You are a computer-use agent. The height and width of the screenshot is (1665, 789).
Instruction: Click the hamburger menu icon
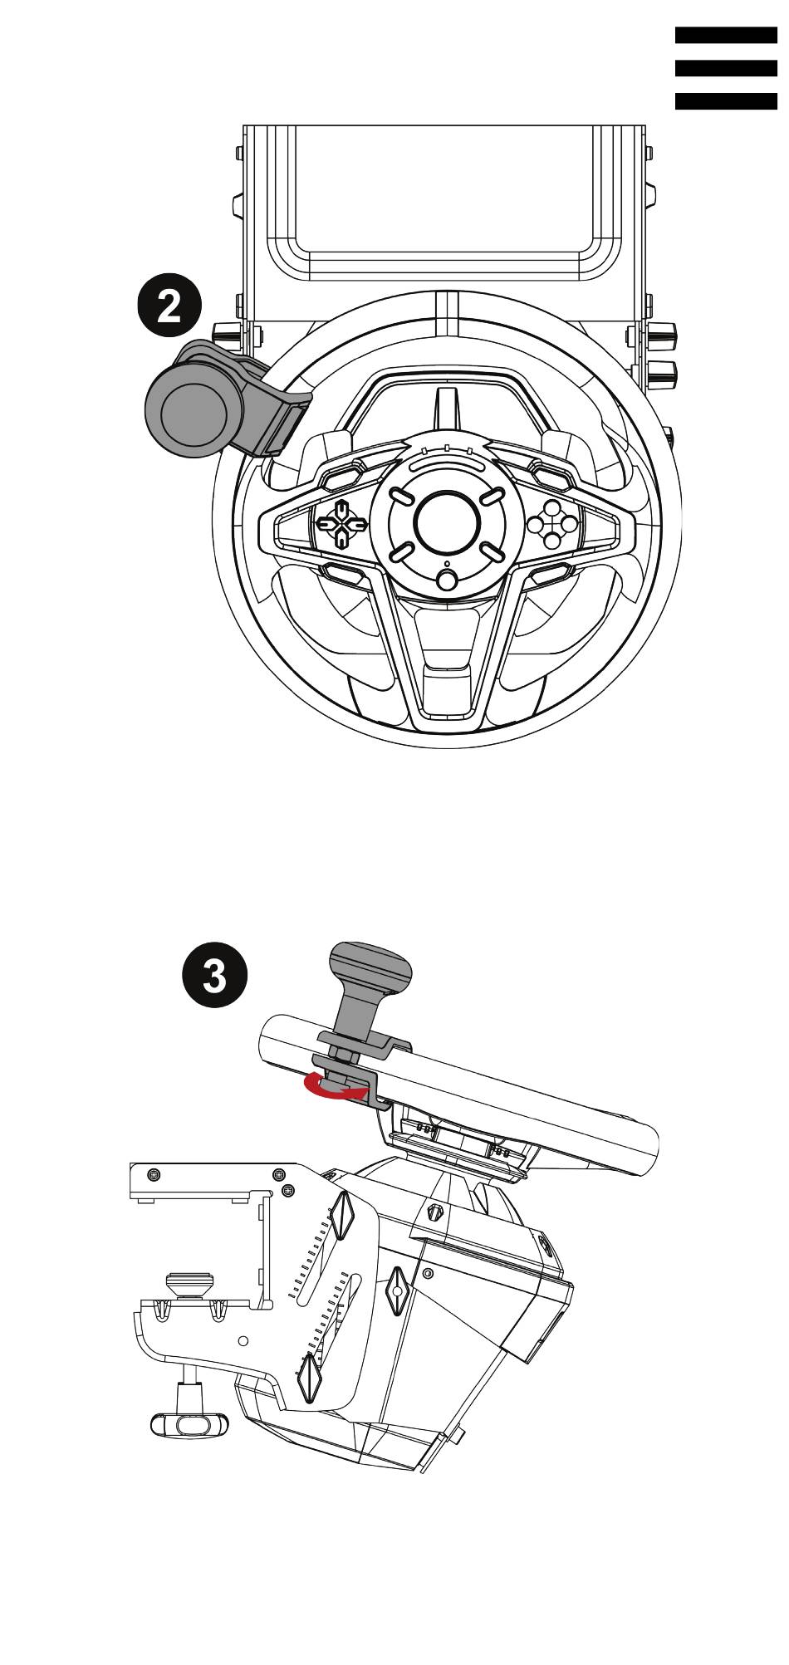pyautogui.click(x=726, y=68)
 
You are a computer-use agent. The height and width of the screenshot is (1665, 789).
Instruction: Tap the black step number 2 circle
pyautogui.click(x=169, y=308)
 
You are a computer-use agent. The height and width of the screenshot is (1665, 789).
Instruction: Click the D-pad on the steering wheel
pyautogui.click(x=341, y=523)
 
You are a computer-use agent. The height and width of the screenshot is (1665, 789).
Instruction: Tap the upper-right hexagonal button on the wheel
pyautogui.click(x=552, y=477)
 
